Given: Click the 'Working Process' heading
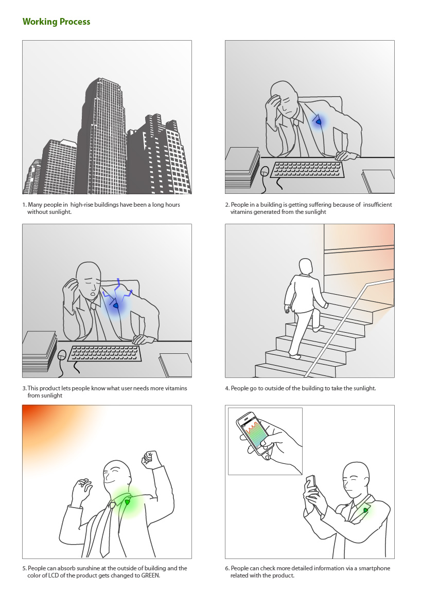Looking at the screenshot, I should pyautogui.click(x=57, y=22).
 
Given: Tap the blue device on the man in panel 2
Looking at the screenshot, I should pyautogui.click(x=319, y=122).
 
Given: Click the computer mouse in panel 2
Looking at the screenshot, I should pyautogui.click(x=266, y=171).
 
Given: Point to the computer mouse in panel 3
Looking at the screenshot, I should pyautogui.click(x=62, y=355).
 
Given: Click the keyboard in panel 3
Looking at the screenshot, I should pyautogui.click(x=104, y=353).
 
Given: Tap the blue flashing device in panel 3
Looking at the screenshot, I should pyautogui.click(x=116, y=305).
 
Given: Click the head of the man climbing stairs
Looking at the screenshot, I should pyautogui.click(x=306, y=267).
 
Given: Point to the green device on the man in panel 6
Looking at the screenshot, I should pyautogui.click(x=365, y=510).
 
